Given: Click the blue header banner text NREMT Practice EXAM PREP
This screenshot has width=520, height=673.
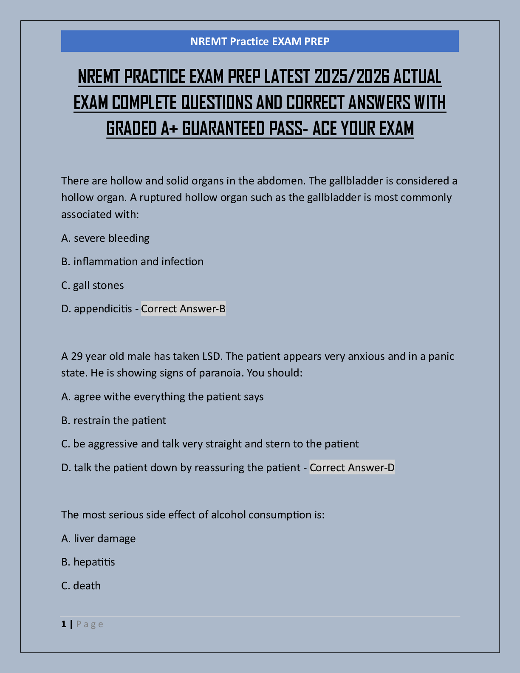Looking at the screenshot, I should click(x=260, y=41).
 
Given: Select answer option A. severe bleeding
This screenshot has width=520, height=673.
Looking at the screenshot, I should click(x=105, y=238).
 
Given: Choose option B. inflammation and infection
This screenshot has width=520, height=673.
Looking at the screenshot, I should click(x=132, y=261).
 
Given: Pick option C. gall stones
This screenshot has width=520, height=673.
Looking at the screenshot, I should click(x=93, y=285).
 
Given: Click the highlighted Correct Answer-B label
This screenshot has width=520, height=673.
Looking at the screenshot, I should click(x=183, y=308).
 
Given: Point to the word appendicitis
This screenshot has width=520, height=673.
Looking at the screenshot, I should click(x=103, y=308).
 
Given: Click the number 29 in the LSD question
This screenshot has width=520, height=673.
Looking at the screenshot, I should click(x=76, y=356).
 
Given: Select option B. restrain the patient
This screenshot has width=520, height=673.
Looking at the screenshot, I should click(x=113, y=420).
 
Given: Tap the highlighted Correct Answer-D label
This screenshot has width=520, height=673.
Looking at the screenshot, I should click(x=352, y=467).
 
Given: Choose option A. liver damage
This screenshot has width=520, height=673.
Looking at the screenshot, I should click(x=99, y=538).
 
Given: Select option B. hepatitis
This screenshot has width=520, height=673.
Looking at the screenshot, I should click(x=88, y=562).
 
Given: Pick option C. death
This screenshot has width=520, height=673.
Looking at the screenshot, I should click(x=81, y=585).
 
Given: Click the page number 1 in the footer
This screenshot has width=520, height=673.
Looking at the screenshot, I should click(x=64, y=624).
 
